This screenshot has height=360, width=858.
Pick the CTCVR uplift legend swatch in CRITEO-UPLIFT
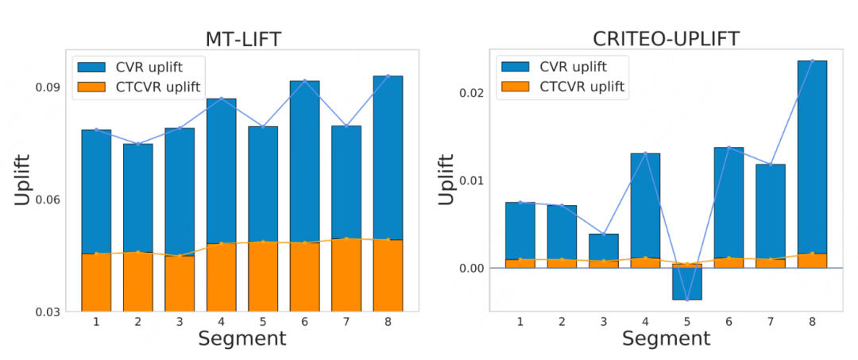pos(516,86)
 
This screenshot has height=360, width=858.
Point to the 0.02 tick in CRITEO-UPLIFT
pos(470,92)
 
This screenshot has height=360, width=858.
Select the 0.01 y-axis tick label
pos(470,180)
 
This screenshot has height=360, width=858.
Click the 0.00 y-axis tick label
pos(470,268)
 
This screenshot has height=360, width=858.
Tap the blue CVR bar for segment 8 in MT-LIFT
pos(388,157)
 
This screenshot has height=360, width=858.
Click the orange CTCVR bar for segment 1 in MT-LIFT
pos(96,282)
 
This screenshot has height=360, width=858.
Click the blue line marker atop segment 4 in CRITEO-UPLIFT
pos(645,153)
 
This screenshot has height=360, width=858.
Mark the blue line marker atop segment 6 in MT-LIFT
pos(305,81)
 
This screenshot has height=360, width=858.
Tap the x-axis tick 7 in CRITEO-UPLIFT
pos(771,322)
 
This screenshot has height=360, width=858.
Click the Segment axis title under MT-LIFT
pos(242,339)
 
